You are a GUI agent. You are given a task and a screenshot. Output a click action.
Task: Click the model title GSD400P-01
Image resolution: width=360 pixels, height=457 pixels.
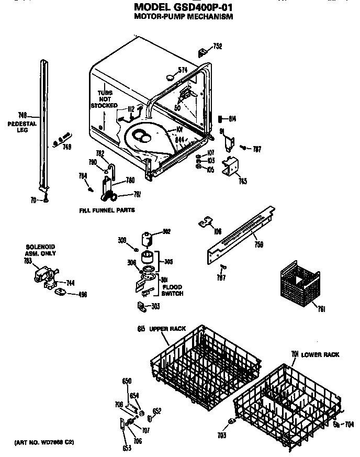183,7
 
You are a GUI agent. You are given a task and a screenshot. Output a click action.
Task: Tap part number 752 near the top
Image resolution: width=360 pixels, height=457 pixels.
217,47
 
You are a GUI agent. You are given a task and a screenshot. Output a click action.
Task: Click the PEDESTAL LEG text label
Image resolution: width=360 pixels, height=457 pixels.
22,127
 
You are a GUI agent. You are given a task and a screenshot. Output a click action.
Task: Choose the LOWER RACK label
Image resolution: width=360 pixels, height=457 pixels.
320,354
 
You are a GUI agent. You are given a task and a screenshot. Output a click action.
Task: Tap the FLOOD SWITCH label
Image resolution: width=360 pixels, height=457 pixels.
172,290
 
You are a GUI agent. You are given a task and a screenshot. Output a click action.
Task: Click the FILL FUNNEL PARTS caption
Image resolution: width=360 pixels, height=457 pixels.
107,210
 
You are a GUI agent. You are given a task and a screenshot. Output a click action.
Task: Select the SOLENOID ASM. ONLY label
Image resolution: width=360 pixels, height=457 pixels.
41,250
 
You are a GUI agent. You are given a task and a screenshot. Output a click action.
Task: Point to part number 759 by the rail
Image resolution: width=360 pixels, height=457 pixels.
258,244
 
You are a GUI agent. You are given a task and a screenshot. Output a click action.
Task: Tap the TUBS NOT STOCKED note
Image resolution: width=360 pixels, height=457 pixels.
104,99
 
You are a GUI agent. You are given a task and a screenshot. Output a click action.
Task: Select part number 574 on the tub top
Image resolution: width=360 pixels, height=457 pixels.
182,70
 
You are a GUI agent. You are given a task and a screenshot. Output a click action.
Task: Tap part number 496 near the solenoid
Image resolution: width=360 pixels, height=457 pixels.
82,294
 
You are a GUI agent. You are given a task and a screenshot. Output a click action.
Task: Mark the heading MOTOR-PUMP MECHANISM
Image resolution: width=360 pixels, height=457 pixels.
183,17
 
